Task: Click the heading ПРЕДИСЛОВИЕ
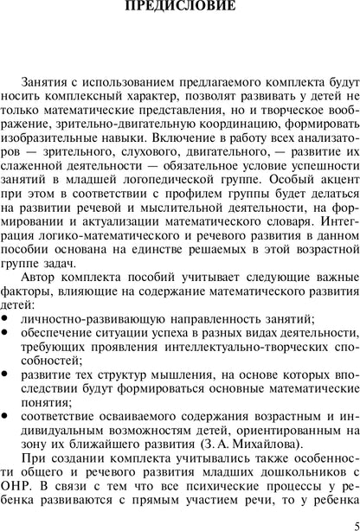(180, 10)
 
